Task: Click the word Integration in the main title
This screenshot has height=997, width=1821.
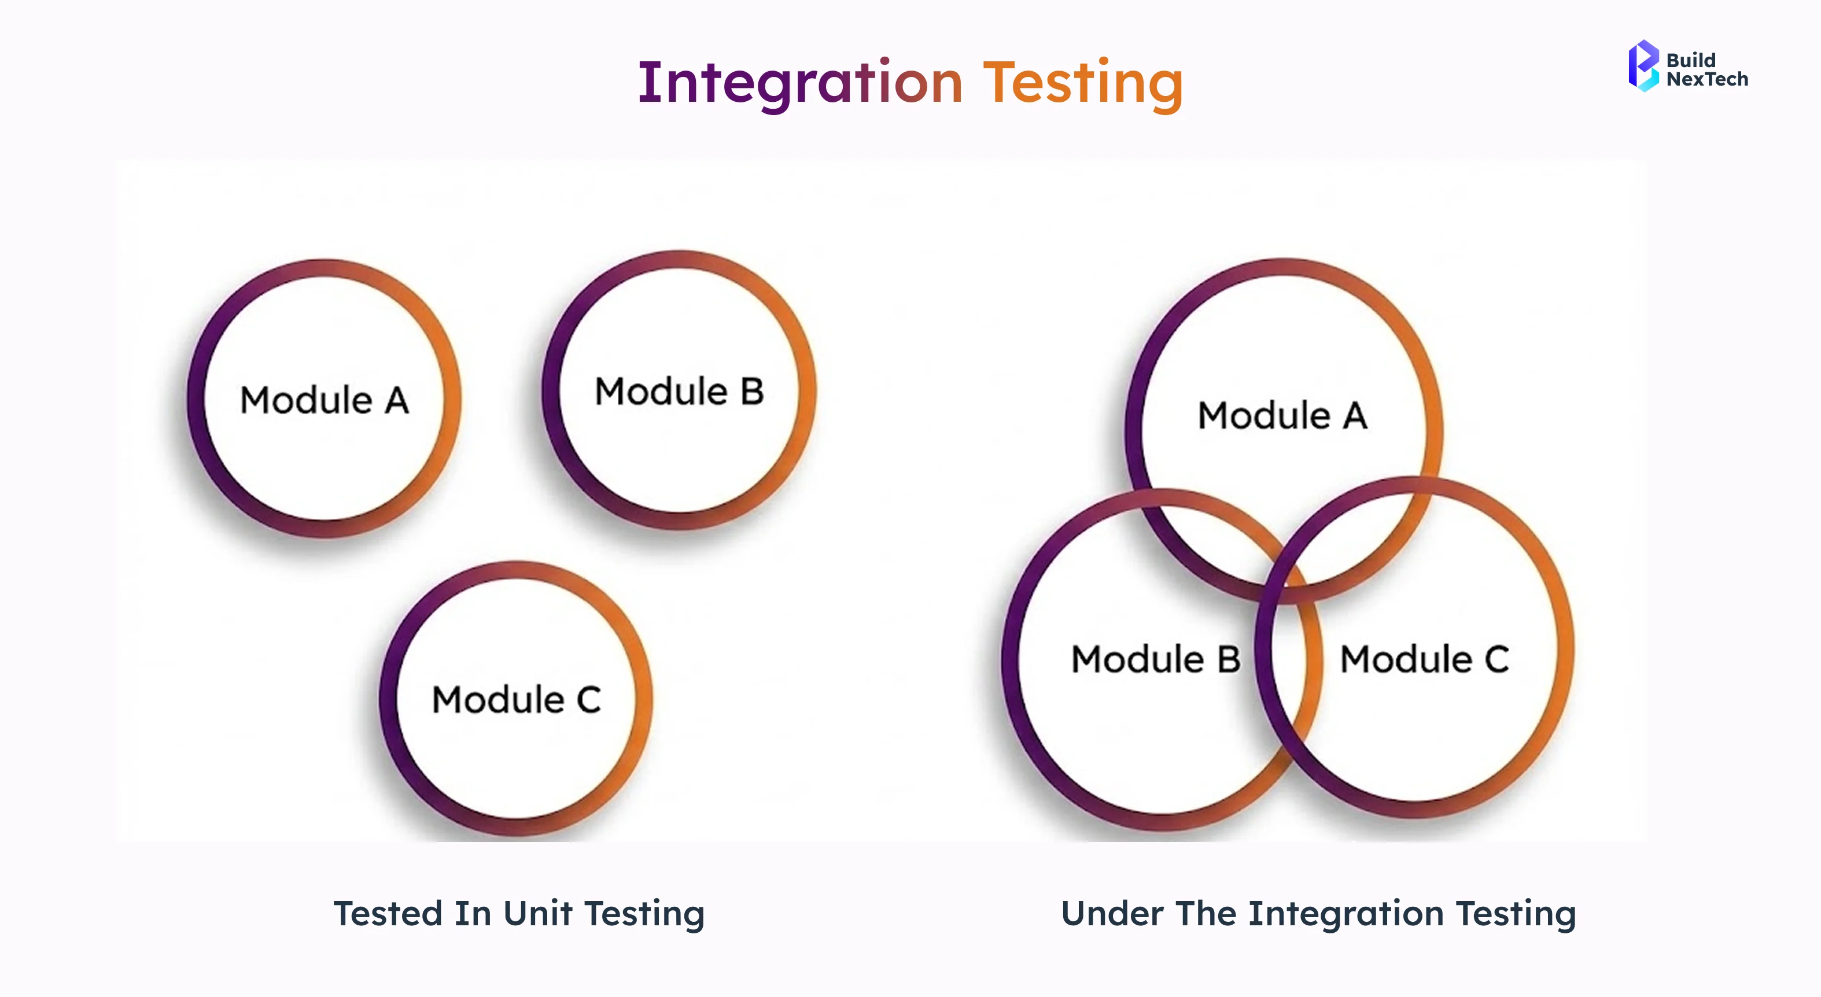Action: [799, 83]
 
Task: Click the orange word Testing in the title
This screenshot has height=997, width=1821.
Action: [1083, 83]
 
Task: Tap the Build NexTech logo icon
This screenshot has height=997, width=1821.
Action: [1643, 66]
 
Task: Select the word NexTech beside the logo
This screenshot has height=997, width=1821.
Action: [1707, 79]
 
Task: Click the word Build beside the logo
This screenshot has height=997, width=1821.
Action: [1691, 60]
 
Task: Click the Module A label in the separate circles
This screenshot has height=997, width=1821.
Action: [325, 400]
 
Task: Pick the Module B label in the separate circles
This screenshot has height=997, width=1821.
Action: [679, 392]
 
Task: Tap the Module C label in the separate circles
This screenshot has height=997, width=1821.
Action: [517, 700]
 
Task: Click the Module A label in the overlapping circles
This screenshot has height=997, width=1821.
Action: [1282, 415]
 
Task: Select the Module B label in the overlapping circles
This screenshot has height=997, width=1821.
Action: [1156, 659]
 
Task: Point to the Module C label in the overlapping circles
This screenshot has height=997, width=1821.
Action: [1424, 659]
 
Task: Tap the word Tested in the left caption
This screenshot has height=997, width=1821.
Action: [388, 913]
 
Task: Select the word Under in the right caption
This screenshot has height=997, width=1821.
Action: [1112, 913]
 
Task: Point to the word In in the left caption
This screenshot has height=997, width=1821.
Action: [473, 913]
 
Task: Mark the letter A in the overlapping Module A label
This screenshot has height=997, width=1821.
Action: [1355, 415]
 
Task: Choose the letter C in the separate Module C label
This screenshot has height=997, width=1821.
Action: [589, 700]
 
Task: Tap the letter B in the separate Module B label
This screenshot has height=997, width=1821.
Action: [752, 392]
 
